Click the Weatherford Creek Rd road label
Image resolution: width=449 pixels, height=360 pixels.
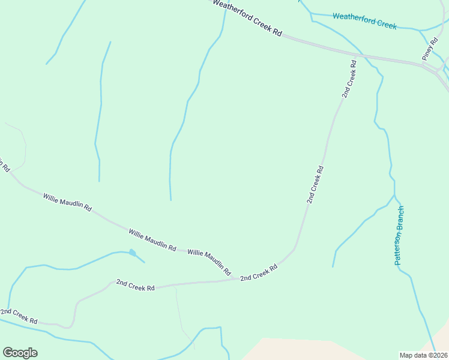[247, 18]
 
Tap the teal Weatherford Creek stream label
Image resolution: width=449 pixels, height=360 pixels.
[364, 20]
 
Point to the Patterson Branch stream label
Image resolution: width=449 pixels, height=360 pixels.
[400, 236]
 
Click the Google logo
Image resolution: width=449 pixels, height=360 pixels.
[20, 353]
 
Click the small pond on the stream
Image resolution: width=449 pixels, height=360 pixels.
[133, 253]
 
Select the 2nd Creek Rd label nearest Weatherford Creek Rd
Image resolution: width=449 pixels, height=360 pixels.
[349, 78]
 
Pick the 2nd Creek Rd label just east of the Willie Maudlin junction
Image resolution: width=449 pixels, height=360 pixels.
[259, 272]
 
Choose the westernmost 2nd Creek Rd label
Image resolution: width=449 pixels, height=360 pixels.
[19, 316]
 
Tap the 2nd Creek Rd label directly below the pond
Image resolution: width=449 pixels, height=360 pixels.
[136, 284]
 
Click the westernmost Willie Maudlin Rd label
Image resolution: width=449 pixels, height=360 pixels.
[67, 202]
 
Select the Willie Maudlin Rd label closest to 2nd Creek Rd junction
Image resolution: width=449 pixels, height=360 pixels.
[209, 263]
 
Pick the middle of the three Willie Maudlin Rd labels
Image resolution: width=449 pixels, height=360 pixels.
[152, 239]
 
